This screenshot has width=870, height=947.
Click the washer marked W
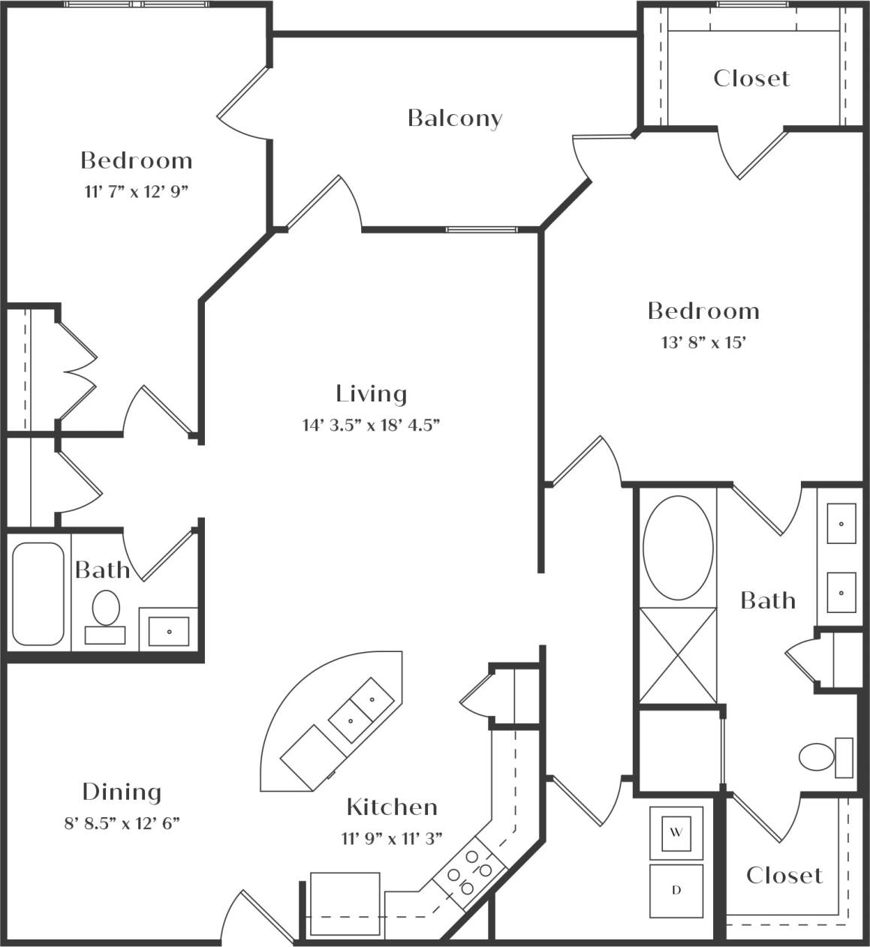(x=676, y=833)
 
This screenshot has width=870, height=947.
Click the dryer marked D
(x=676, y=891)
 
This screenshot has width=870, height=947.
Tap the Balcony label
(x=455, y=118)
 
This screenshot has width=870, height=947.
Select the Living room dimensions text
(x=371, y=425)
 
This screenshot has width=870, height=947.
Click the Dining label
(x=122, y=792)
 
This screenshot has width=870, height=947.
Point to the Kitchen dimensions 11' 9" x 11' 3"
(x=392, y=837)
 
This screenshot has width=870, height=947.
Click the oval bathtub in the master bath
(x=679, y=547)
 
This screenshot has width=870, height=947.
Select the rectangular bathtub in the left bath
(x=38, y=594)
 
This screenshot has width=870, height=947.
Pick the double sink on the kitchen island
(x=363, y=708)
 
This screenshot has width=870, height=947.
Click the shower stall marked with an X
(x=678, y=656)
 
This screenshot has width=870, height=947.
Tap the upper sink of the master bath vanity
(x=841, y=524)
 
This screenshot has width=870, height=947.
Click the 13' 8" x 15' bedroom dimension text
(x=703, y=343)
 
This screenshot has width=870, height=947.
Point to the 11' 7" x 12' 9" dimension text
(x=136, y=191)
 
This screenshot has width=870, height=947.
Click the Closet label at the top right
(x=751, y=78)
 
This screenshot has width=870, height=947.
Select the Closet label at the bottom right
(x=784, y=875)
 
